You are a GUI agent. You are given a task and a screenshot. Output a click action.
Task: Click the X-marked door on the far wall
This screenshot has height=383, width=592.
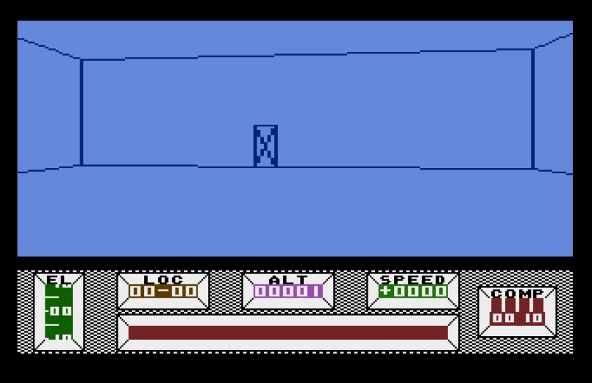pos(265,146)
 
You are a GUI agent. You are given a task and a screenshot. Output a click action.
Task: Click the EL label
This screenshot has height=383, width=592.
pos(58,279)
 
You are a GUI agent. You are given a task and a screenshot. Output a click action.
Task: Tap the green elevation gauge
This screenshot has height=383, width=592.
pos(58,312)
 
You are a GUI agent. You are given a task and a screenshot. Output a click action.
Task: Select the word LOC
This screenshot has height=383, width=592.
pos(163,279)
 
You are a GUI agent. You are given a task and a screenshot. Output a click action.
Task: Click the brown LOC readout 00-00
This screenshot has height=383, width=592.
pos(163,292)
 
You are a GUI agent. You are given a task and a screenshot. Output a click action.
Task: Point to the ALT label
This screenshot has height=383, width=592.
pos(288,279)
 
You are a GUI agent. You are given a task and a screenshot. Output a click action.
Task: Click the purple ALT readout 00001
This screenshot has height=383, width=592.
pos(288,292)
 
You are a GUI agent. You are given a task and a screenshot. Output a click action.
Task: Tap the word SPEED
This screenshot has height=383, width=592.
pos(413,279)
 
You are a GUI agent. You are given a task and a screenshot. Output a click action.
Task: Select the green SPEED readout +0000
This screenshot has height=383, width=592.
pos(413,292)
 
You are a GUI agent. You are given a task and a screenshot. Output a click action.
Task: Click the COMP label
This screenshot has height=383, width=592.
pos(517,294)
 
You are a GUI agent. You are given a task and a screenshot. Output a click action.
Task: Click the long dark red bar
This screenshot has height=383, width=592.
pos(288,333)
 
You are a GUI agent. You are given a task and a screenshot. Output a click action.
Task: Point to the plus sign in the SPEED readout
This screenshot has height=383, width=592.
pos(385,292)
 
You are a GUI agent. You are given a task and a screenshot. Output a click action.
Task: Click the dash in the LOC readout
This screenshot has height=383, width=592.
pos(163,292)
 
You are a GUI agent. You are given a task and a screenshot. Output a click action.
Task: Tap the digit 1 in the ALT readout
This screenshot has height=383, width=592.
pos(316,292)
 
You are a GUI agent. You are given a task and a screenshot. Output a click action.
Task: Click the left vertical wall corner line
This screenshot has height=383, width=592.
pos(81,113)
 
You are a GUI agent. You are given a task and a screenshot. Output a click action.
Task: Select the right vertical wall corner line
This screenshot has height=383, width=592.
pos(533,110)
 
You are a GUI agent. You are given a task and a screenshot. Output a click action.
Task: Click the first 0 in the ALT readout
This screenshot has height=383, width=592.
pos(259,292)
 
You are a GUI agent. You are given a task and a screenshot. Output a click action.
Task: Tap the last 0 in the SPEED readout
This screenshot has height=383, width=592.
pos(441,292)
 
